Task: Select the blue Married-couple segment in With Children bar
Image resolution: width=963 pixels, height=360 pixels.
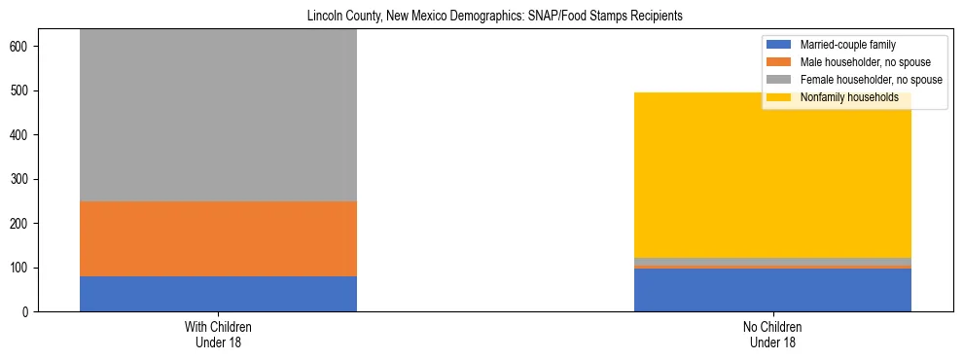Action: click(x=218, y=294)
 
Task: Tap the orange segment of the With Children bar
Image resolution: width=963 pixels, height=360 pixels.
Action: click(x=218, y=238)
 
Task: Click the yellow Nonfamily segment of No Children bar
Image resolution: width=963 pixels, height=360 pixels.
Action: click(x=772, y=175)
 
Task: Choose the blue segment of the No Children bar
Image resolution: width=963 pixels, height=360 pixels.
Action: click(x=772, y=290)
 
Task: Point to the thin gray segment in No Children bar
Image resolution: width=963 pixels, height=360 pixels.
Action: click(x=772, y=261)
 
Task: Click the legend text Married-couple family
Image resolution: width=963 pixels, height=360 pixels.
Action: click(x=847, y=45)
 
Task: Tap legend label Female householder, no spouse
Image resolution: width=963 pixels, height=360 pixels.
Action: click(x=870, y=80)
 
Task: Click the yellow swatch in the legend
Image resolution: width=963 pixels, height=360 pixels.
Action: click(x=780, y=97)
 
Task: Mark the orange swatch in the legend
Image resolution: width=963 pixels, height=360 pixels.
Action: click(x=780, y=62)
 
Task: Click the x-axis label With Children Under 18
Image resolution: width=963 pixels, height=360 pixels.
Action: click(x=218, y=335)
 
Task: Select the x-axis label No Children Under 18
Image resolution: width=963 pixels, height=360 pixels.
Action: click(x=772, y=335)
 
